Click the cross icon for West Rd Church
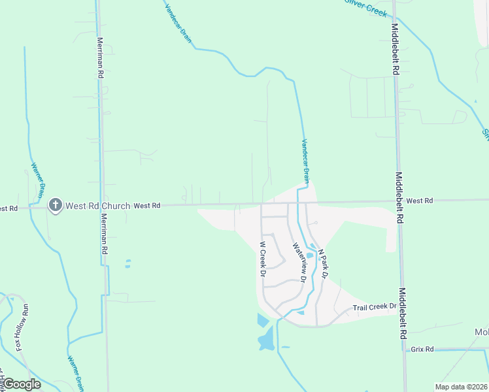click(x=55, y=206)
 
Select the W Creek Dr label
click(x=262, y=259)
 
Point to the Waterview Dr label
click(x=299, y=262)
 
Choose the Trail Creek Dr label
click(x=375, y=306)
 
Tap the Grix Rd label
click(x=422, y=350)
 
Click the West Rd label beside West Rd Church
click(x=147, y=206)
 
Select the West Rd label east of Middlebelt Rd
click(x=418, y=201)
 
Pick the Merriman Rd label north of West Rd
click(x=101, y=58)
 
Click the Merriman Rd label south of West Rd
click(x=103, y=236)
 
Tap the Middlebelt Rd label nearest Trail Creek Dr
click(x=403, y=314)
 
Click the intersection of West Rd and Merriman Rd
click(x=103, y=206)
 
